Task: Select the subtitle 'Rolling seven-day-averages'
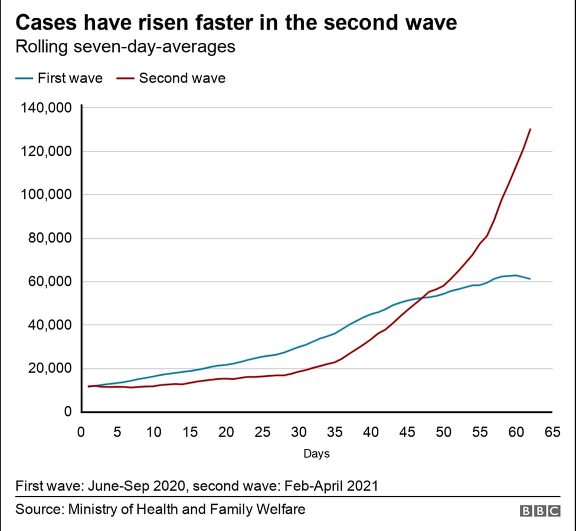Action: [x=125, y=47]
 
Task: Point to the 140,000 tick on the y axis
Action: [x=45, y=108]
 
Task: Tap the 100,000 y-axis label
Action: [x=45, y=195]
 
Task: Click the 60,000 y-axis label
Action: [x=49, y=281]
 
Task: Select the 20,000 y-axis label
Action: [x=49, y=368]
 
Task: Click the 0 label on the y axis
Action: [x=68, y=412]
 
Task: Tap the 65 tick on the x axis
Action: [x=552, y=432]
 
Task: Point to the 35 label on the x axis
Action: [x=335, y=432]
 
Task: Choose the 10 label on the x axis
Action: [x=153, y=432]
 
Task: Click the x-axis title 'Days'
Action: [x=316, y=454]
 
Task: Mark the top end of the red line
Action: [x=530, y=129]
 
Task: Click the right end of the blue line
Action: [x=530, y=278]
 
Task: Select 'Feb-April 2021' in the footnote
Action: [x=331, y=486]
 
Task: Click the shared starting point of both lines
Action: [x=89, y=386]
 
